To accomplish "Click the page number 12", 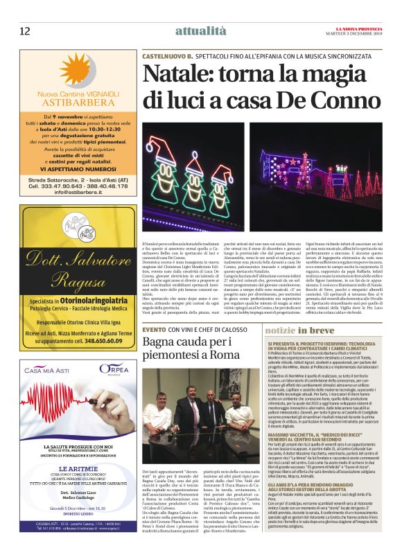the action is tap(24, 30).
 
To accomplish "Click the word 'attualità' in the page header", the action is tap(200, 30).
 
